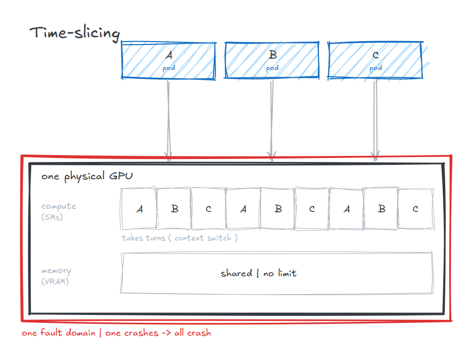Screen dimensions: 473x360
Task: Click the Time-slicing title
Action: click(x=74, y=33)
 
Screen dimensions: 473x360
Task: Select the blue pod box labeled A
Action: click(x=169, y=60)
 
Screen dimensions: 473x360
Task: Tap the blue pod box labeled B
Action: click(x=272, y=60)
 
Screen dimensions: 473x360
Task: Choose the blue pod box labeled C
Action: click(x=375, y=60)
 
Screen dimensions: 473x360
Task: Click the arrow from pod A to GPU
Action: click(x=168, y=119)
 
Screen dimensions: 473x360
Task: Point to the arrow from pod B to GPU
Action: click(x=272, y=119)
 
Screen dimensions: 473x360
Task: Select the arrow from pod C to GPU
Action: click(x=375, y=119)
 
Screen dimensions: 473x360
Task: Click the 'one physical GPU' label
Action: click(x=87, y=176)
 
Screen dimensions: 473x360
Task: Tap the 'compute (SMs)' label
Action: click(x=58, y=211)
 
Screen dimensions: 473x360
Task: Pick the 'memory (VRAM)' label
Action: click(x=56, y=276)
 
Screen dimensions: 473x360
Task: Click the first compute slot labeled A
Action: click(x=139, y=208)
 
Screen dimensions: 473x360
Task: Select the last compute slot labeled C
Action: click(x=416, y=208)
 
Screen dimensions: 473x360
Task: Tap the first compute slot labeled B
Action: click(x=174, y=208)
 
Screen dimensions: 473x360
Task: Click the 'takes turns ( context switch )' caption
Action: click(x=180, y=238)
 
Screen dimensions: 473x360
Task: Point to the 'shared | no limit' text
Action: click(x=259, y=273)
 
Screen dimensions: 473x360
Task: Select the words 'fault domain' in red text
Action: click(x=67, y=333)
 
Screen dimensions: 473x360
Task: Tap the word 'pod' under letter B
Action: click(x=272, y=68)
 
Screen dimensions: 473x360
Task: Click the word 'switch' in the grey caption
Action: click(x=219, y=238)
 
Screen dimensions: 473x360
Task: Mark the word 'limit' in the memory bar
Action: click(x=287, y=273)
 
